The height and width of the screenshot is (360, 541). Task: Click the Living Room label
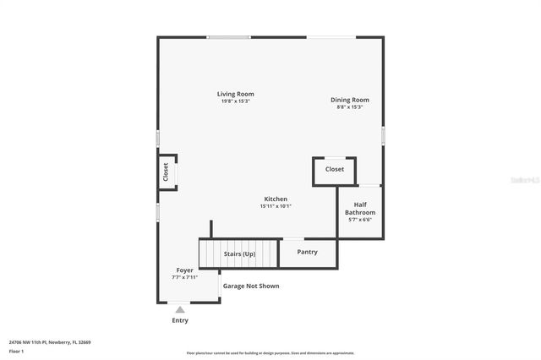(x=235, y=94)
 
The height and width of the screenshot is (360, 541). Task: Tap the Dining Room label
(x=349, y=100)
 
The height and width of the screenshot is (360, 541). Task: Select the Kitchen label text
(x=276, y=199)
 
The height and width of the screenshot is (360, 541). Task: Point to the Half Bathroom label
(x=360, y=208)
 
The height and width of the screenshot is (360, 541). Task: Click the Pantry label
(x=308, y=251)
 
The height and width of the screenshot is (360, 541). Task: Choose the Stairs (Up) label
(x=239, y=254)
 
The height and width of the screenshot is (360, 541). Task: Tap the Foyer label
(x=184, y=270)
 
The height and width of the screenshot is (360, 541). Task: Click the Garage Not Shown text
(x=251, y=286)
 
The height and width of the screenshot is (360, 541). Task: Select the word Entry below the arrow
(x=180, y=320)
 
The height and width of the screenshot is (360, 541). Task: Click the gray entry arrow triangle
(x=180, y=310)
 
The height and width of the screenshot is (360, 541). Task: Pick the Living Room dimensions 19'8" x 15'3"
(x=235, y=101)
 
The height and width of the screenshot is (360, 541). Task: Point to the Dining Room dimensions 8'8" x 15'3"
(x=349, y=107)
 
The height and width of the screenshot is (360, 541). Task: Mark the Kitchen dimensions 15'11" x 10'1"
(x=276, y=205)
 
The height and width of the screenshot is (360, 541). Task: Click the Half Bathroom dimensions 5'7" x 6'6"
(x=360, y=220)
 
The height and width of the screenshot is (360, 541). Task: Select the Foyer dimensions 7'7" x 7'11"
(x=184, y=276)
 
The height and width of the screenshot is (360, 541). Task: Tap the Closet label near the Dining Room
(x=335, y=169)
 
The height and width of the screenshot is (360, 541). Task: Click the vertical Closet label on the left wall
(x=166, y=172)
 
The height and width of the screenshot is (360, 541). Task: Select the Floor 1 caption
(x=17, y=351)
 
